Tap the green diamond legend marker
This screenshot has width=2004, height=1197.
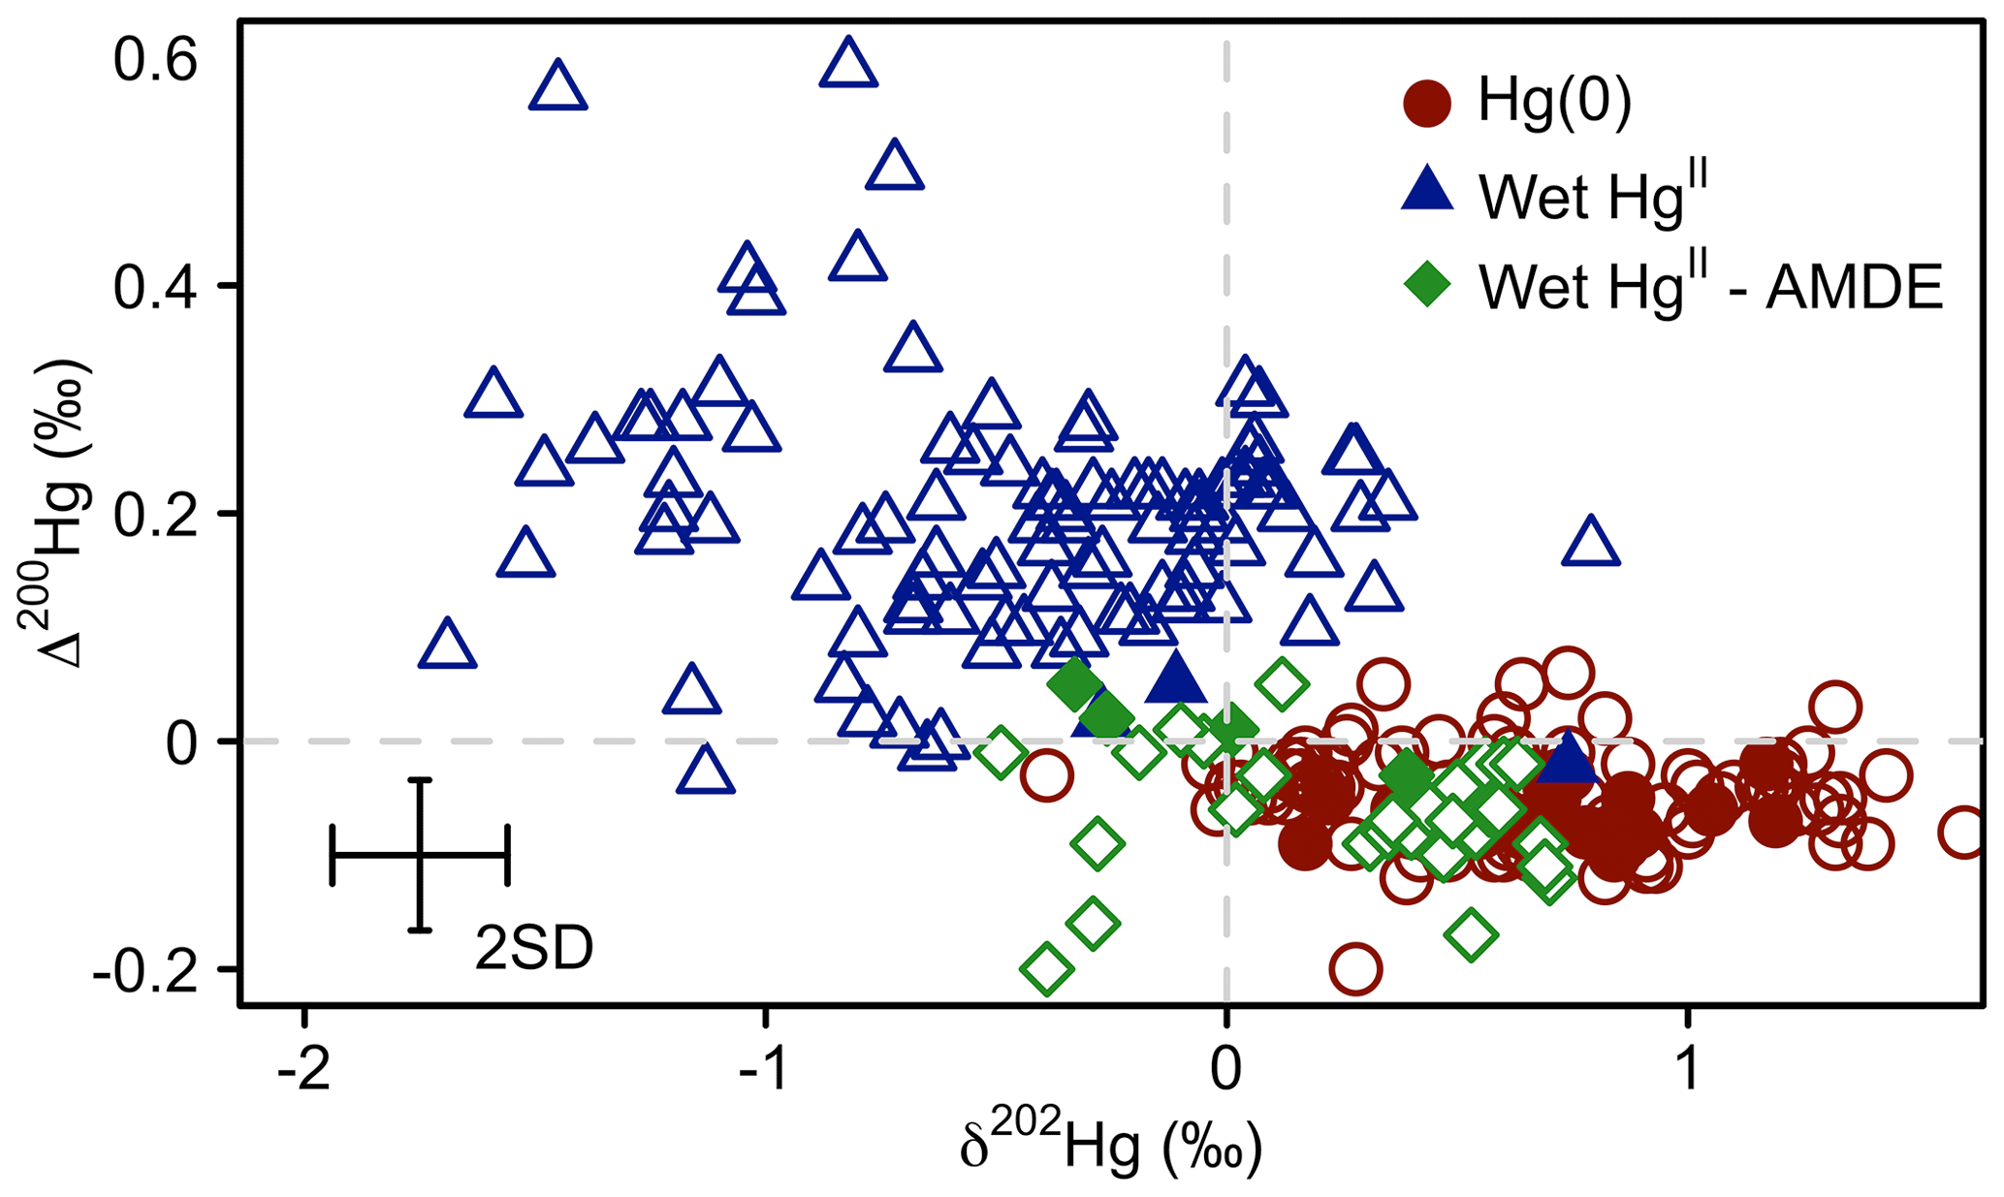[1427, 285]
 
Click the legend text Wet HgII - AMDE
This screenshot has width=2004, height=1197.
[1710, 286]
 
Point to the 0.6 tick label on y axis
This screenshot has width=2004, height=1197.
[155, 60]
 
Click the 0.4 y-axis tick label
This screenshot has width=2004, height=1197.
[155, 287]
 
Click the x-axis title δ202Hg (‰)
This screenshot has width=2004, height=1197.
[1110, 1148]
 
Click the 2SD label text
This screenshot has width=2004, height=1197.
[533, 949]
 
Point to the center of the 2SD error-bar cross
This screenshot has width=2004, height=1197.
[420, 855]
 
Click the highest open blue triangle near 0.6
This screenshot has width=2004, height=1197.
[848, 65]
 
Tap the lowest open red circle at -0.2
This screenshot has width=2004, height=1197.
[1354, 968]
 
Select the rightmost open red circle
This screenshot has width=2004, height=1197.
[1964, 832]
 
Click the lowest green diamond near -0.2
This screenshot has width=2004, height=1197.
[1046, 968]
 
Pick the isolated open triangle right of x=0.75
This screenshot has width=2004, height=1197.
[1590, 543]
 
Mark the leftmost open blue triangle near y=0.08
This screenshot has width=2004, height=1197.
[447, 645]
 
